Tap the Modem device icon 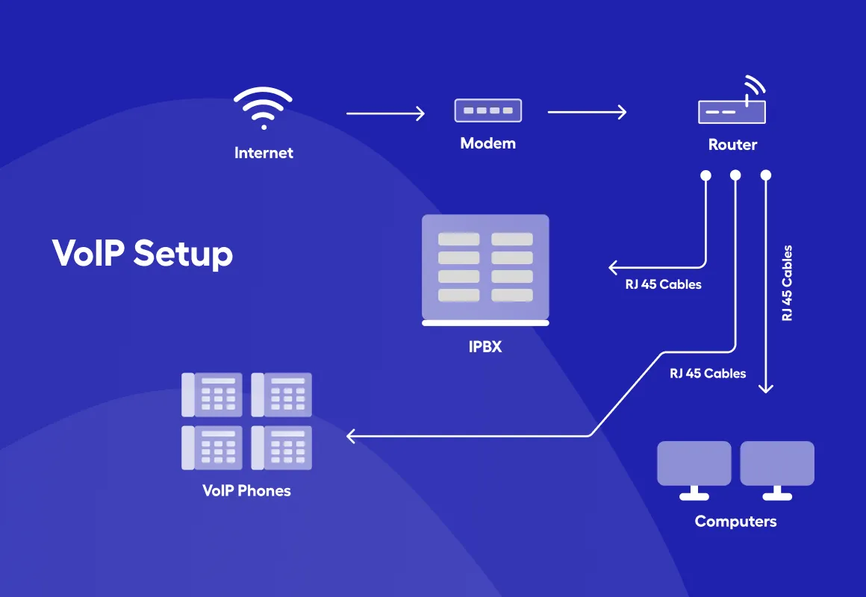(x=487, y=110)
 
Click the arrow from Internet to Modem (x=385, y=113)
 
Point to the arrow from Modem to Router (x=587, y=113)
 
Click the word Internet (x=264, y=153)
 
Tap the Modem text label (x=487, y=143)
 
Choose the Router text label (x=732, y=145)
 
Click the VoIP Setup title (x=143, y=254)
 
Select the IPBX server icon (x=485, y=269)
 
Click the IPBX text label (x=485, y=346)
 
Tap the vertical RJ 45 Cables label (x=787, y=284)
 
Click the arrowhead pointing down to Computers (x=766, y=388)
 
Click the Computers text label (x=735, y=522)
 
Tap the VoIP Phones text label (x=246, y=491)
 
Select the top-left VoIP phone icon (x=212, y=394)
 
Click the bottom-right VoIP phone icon (x=281, y=447)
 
